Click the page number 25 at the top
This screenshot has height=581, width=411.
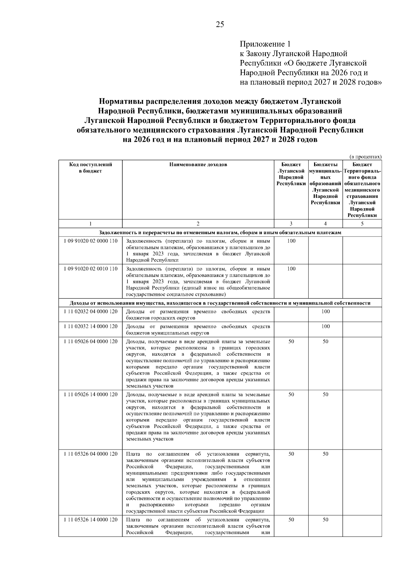pos(220,24)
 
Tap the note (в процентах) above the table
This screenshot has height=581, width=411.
pos(365,156)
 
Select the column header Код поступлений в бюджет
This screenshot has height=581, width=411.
pos(90,168)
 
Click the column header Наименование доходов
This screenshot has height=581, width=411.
pos(198,165)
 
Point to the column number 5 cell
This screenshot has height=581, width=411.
pos(362,224)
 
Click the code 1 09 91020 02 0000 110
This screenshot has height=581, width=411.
pos(90,241)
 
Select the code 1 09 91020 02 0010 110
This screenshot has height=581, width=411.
pos(90,269)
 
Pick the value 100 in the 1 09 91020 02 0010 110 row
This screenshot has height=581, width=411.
pos(291,269)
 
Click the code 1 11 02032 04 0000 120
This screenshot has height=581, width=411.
pos(90,312)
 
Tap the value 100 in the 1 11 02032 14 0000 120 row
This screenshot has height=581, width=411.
pos(325,327)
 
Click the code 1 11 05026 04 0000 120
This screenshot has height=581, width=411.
pos(90,342)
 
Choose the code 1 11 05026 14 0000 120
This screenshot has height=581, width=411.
pos(90,395)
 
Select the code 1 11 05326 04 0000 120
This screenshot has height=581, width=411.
pos(90,454)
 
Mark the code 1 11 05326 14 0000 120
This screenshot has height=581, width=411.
pos(90,520)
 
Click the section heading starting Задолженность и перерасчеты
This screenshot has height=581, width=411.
pos(220,232)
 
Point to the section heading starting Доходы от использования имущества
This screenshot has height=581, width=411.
pos(220,303)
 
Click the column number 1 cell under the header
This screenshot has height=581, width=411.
pos(90,224)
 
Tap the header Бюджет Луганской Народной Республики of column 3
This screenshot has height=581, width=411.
pos(291,174)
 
